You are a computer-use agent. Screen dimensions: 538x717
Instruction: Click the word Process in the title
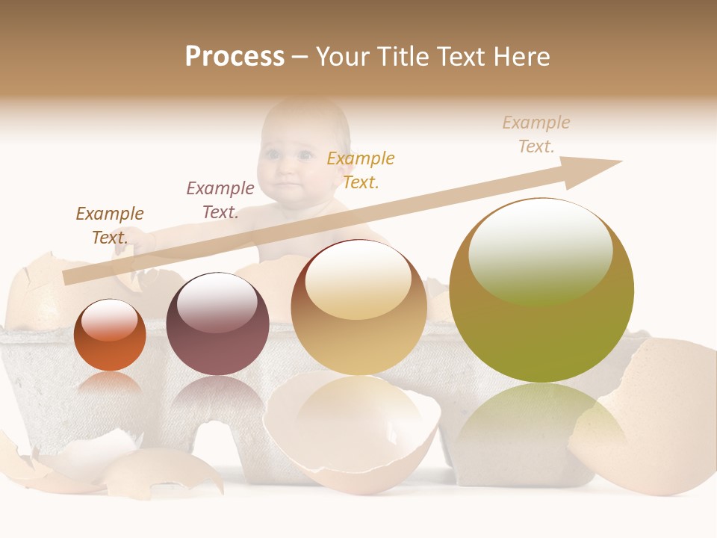point(235,57)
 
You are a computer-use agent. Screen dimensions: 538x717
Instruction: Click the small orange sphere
point(110,336)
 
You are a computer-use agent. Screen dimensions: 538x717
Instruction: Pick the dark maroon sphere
point(217,324)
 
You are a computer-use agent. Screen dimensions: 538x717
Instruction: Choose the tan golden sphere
point(358,307)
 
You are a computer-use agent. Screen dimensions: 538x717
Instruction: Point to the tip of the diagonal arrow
point(619,162)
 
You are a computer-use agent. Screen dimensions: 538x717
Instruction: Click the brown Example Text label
point(110,226)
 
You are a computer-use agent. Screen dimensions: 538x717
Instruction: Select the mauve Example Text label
point(220,200)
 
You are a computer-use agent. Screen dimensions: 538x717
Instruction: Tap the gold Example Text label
point(361,170)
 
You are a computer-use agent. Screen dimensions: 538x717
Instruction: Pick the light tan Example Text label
point(536,134)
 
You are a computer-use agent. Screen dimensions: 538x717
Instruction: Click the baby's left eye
point(305,156)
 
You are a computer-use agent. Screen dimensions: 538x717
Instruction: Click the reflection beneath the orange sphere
point(110,385)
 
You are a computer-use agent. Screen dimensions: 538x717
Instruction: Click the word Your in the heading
point(344,57)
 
